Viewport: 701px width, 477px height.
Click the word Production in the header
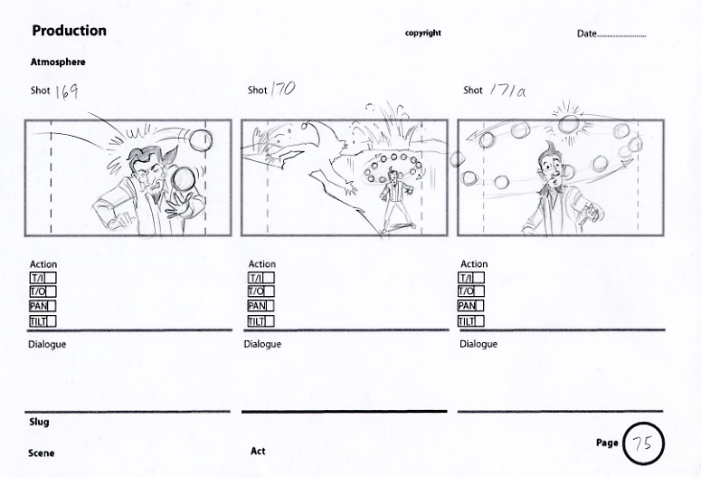point(70,31)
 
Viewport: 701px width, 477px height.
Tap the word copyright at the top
point(423,33)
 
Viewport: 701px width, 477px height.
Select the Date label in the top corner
point(586,33)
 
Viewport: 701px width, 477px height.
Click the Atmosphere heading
point(58,62)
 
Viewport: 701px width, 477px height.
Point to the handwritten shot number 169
point(67,91)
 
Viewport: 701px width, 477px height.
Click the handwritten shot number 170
point(283,89)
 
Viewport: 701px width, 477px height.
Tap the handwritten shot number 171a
point(507,91)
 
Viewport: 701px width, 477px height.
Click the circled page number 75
point(643,443)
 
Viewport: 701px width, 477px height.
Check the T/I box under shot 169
point(43,278)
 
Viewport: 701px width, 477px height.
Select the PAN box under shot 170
point(261,306)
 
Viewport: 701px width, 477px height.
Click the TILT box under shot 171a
point(470,321)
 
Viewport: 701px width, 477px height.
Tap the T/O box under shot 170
point(261,291)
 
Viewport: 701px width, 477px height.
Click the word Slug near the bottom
point(39,422)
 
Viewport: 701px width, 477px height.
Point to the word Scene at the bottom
point(41,453)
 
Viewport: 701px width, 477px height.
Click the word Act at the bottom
point(258,451)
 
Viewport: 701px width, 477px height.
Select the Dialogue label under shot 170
point(262,344)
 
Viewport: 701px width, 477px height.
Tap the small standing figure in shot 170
point(395,198)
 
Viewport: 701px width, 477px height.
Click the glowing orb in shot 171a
point(569,124)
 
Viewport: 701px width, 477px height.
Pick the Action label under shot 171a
point(474,264)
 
